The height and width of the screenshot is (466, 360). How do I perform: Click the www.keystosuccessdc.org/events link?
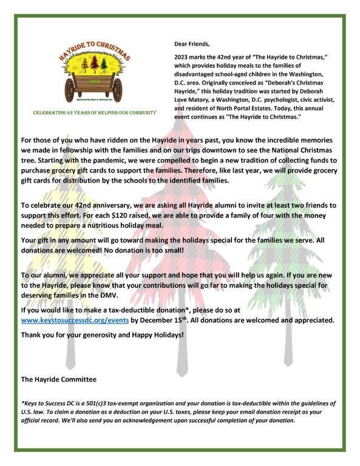click(75, 320)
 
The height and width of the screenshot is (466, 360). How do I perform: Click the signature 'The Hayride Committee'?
click(58, 379)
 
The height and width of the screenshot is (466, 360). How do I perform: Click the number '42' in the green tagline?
click(74, 113)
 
